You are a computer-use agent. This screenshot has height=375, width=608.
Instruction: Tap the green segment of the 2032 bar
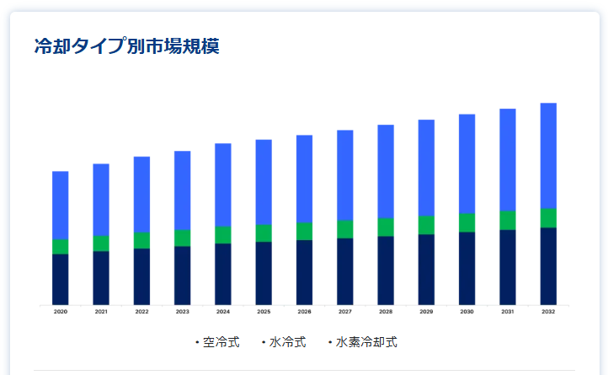coord(548,217)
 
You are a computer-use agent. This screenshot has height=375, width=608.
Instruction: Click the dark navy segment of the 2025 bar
coord(264,273)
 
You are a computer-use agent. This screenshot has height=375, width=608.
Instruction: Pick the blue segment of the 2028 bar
coord(386,171)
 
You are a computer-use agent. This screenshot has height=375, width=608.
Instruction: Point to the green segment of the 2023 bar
coord(182,238)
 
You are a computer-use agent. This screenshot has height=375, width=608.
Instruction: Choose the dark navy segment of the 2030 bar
coord(467,268)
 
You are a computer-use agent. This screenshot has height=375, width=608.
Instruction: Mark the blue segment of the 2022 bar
coord(141,194)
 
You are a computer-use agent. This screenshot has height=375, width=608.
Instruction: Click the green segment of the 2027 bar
coord(345,229)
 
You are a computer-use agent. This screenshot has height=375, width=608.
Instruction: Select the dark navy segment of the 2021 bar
coord(101,277)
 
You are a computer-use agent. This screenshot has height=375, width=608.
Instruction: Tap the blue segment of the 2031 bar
coord(508,159)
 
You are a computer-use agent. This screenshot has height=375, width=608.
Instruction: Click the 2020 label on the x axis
coord(61,312)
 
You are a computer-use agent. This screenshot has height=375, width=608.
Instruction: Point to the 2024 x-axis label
coord(223,312)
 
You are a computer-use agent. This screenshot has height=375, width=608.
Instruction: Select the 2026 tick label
coord(304,312)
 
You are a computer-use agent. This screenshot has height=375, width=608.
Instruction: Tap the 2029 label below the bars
coord(426,312)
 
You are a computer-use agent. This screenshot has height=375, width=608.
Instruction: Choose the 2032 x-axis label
coord(548,312)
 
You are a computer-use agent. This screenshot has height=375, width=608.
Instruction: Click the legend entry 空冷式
coord(221,342)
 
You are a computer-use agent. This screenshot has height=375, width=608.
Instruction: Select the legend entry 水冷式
coord(286,342)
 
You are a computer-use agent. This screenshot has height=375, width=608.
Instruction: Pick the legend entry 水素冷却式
coord(365,342)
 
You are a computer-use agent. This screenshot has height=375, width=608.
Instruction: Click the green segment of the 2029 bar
coord(426,225)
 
